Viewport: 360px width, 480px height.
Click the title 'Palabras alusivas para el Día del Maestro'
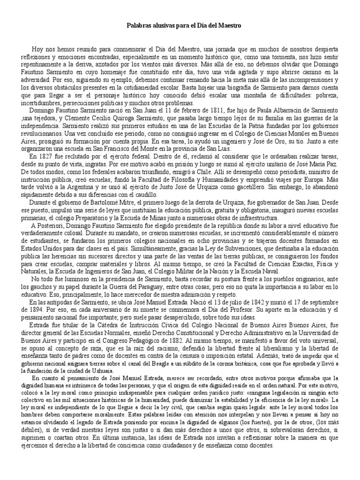click(x=180, y=27)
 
